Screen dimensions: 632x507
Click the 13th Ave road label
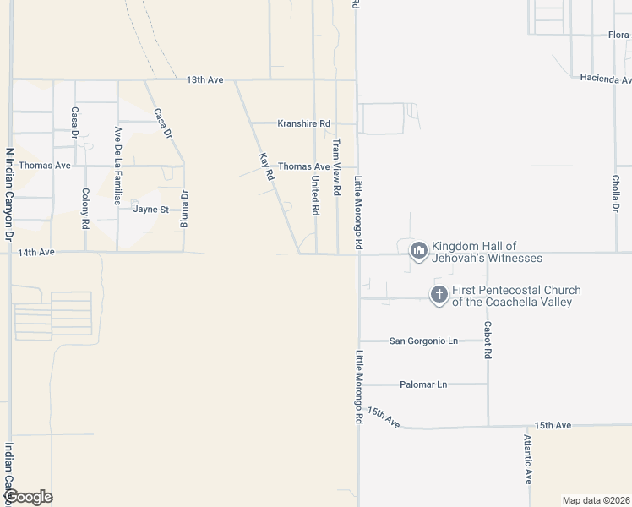coord(204,79)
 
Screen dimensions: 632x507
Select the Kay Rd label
coord(266,166)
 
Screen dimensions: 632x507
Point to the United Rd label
coord(315,194)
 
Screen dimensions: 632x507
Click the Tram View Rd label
coord(336,167)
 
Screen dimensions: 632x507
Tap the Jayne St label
coord(151,209)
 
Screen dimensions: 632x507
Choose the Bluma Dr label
coord(183,205)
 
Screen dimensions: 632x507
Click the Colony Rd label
coord(85,209)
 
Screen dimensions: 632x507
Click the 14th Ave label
coord(36,252)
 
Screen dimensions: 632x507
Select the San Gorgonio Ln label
coord(423,341)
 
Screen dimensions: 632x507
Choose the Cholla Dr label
coord(616,194)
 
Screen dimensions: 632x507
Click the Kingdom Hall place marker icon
coord(418,251)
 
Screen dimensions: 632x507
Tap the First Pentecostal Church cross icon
coord(439,295)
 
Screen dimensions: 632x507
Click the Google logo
coord(28,497)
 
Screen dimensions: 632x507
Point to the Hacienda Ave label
coord(605,79)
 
